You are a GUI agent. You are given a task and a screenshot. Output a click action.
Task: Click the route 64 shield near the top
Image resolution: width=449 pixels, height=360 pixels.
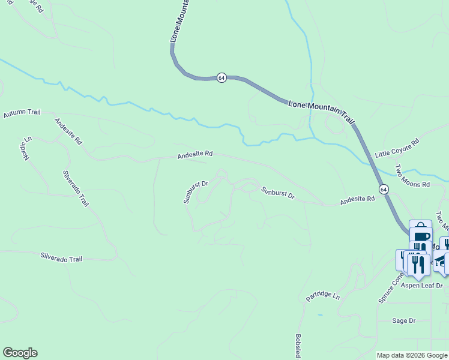coord(221,78)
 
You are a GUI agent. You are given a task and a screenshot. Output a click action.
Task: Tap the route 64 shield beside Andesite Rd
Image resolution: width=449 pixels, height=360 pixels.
coord(384,189)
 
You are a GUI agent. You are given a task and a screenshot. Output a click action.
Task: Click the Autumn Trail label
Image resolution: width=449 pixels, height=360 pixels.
coord(22,113)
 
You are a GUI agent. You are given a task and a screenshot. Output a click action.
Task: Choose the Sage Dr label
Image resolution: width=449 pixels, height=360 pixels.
coord(403,321)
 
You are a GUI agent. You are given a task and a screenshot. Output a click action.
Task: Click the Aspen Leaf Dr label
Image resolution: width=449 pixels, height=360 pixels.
coord(422,286)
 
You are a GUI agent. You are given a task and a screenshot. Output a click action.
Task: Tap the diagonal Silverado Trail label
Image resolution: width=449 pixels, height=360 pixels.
coord(76,188)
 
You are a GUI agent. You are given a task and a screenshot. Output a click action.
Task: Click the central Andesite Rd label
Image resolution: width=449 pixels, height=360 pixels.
coord(195,154)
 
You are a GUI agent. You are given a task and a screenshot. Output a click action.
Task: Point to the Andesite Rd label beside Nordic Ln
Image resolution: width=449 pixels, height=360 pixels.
coord(68,131)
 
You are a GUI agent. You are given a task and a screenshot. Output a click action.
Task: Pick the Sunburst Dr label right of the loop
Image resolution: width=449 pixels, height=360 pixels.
coord(278,193)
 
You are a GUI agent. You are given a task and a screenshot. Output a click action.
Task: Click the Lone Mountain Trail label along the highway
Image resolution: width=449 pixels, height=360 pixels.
coord(322,111)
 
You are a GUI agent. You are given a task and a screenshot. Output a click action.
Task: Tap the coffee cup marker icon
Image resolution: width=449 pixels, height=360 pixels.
coord(421,233)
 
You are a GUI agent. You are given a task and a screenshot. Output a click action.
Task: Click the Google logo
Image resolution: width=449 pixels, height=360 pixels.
coord(20,353)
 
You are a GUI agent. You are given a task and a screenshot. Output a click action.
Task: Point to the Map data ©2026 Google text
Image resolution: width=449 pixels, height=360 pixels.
coord(412,355)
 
